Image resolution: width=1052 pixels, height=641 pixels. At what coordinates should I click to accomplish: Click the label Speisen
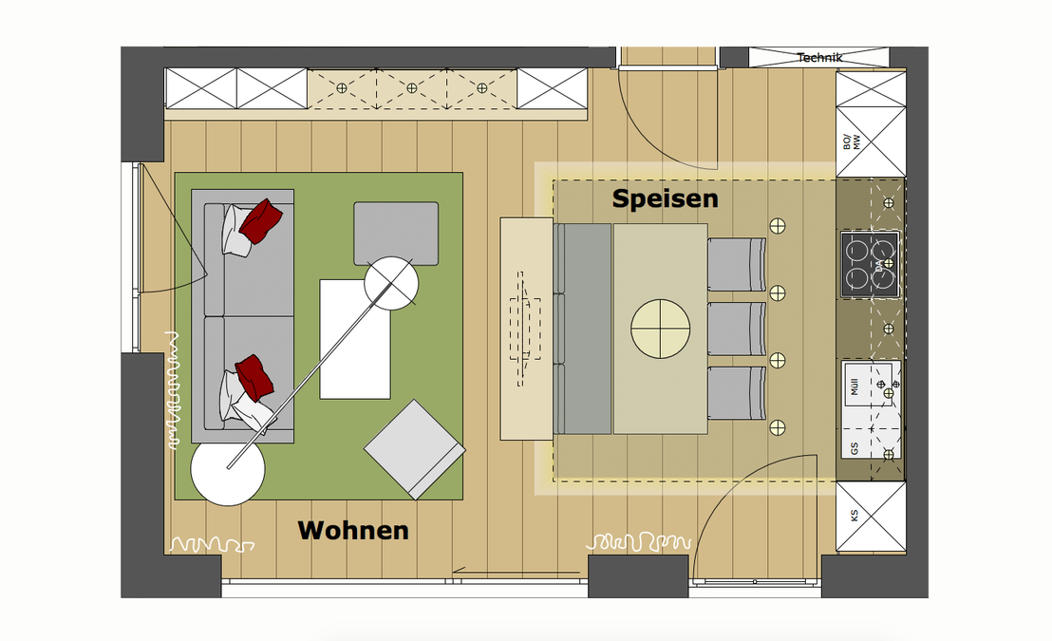(665, 199)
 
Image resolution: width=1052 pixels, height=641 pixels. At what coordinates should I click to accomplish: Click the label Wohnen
(353, 530)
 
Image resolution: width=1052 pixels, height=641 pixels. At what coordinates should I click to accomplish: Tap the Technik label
(819, 58)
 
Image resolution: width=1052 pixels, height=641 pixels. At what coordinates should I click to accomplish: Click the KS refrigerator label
(854, 517)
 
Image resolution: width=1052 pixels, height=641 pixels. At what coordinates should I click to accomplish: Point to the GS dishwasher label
(855, 448)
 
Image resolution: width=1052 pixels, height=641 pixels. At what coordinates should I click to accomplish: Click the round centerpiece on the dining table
(660, 329)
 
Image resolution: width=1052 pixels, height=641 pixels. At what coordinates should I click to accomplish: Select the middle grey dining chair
(737, 329)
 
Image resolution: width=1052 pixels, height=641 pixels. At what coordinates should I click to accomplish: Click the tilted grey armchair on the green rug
(415, 449)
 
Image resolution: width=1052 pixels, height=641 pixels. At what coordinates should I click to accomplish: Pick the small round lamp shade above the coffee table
(392, 283)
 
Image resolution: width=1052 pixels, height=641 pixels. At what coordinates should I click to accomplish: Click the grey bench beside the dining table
(583, 329)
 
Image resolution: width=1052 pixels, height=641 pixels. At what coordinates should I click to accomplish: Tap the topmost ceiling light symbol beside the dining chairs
(778, 225)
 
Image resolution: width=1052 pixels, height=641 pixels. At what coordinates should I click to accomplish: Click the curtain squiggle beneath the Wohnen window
(212, 545)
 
